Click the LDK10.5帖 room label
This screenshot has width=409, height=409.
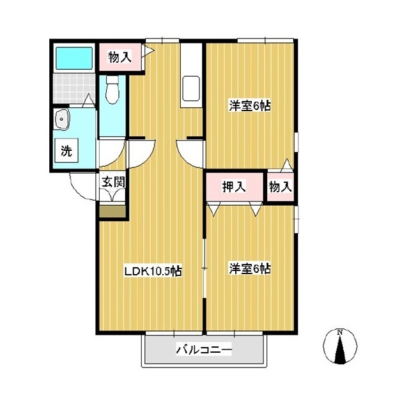(153, 271)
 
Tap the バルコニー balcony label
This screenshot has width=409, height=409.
(204, 350)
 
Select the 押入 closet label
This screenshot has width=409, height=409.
(234, 187)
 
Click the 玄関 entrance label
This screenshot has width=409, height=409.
(113, 181)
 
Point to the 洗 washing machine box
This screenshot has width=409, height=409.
(66, 151)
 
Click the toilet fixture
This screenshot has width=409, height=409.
(112, 89)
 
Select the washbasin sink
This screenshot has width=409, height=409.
(61, 120)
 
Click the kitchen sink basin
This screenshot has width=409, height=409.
(191, 89)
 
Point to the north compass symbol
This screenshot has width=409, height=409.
(340, 346)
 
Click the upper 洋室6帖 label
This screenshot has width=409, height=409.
(250, 106)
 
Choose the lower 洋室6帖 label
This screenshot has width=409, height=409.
(250, 268)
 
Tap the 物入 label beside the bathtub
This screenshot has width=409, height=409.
(120, 57)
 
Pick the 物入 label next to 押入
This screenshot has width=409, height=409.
(280, 187)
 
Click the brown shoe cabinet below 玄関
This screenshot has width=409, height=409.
(112, 212)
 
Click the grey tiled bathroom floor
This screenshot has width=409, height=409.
(74, 88)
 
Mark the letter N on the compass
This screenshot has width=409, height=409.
(339, 332)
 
